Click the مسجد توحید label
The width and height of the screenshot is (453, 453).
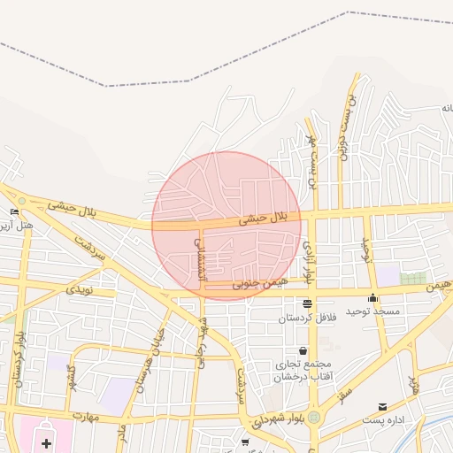pyautogui.click(x=372, y=311)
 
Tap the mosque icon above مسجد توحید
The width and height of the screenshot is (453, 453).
pyautogui.click(x=372, y=298)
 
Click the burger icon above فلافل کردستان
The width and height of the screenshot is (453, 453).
pyautogui.click(x=307, y=304)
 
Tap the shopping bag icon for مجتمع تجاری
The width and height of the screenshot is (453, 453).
pyautogui.click(x=303, y=351)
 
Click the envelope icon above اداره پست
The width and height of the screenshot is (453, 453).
pyautogui.click(x=382, y=406)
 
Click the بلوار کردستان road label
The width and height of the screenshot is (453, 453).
pyautogui.click(x=19, y=358)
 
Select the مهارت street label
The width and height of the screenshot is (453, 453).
pyautogui.click(x=87, y=415)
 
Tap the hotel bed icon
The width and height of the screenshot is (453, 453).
pyautogui.click(x=15, y=212)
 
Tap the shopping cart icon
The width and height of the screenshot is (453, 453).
pyautogui.click(x=245, y=441)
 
